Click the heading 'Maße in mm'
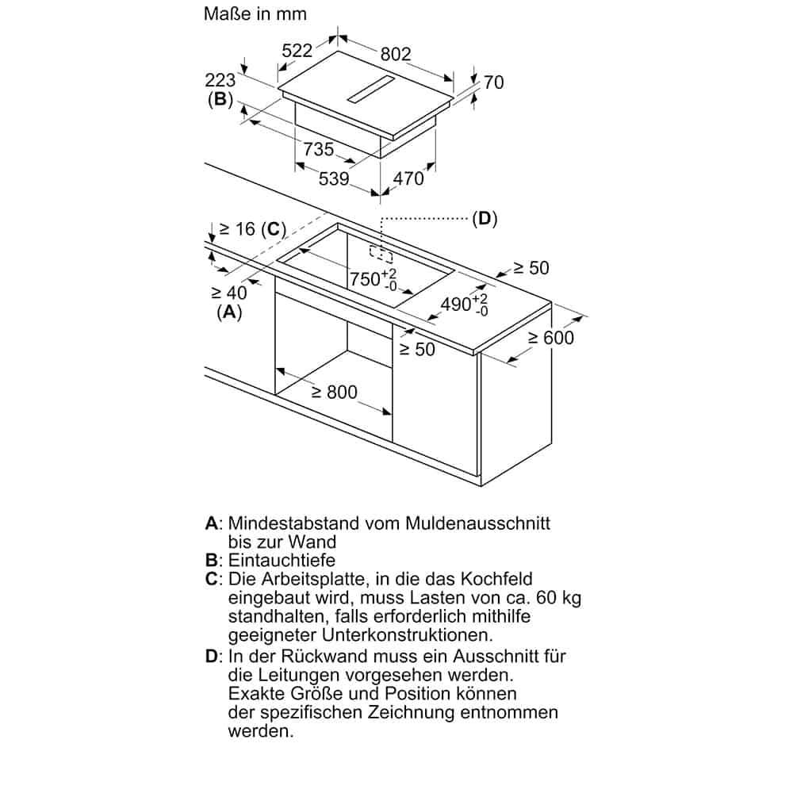[255, 14]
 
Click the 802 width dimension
[396, 54]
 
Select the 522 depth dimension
[297, 50]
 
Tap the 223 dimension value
[220, 80]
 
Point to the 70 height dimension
[493, 82]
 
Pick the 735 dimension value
[319, 148]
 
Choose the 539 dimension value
[334, 178]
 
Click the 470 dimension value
[409, 178]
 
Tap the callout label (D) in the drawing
[484, 219]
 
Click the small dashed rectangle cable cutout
[381, 254]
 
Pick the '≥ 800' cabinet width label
[334, 392]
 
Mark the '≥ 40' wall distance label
[230, 293]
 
